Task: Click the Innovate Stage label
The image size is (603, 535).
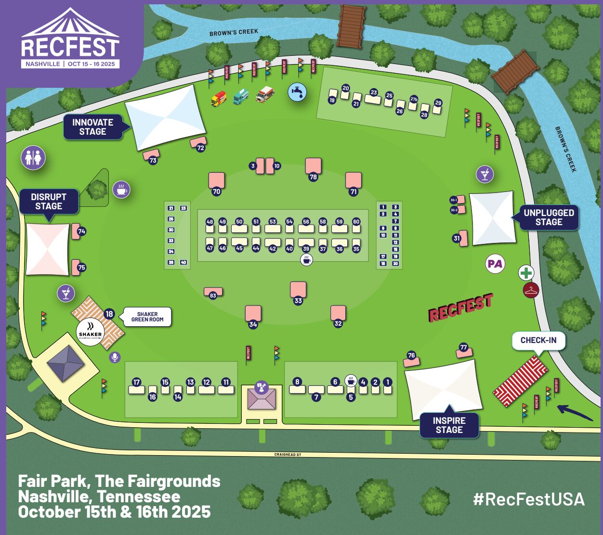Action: pos(92,127)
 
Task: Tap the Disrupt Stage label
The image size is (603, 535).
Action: pos(48,202)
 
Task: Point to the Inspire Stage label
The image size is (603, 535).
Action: pos(449,425)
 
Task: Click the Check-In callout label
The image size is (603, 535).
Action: pos(538,340)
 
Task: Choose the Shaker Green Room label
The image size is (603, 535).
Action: pos(147,317)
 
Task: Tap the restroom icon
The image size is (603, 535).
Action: pos(33,158)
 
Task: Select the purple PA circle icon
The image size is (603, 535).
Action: pos(495,264)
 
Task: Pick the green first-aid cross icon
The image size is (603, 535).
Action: pos(526,273)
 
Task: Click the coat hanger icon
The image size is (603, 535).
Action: pos(531,290)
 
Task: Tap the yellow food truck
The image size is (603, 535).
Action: pos(219,99)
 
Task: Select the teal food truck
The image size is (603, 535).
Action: pos(241,97)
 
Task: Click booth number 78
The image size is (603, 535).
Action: pos(313,177)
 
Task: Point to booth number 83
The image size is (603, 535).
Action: pos(213,295)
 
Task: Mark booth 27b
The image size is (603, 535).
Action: pos(414,100)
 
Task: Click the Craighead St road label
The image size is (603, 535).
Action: pos(288,455)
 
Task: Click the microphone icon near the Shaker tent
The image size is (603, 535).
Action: pos(115,357)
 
